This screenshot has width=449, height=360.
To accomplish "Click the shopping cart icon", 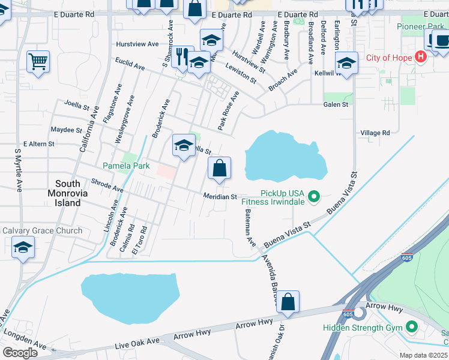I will [x=38, y=61].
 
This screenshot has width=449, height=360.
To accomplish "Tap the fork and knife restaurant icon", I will [x=182, y=57].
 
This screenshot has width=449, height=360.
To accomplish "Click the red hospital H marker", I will [x=420, y=57].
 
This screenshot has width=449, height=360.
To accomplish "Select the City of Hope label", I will [x=389, y=58].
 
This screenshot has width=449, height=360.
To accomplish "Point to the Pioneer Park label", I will [x=420, y=27].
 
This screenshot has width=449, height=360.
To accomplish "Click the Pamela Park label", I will [x=125, y=166].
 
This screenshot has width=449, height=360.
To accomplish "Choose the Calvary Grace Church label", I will [x=42, y=231].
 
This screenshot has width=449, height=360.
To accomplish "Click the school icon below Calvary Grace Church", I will [x=23, y=247].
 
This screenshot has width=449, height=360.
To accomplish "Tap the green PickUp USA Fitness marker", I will [x=313, y=196].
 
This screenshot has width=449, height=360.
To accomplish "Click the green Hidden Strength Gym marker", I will [x=412, y=328].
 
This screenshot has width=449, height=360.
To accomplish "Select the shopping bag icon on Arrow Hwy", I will [x=288, y=302].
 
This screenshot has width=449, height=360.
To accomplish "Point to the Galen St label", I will [x=336, y=104].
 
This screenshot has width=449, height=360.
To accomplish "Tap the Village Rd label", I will [x=375, y=133].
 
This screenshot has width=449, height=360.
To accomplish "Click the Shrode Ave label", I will [x=107, y=185].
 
